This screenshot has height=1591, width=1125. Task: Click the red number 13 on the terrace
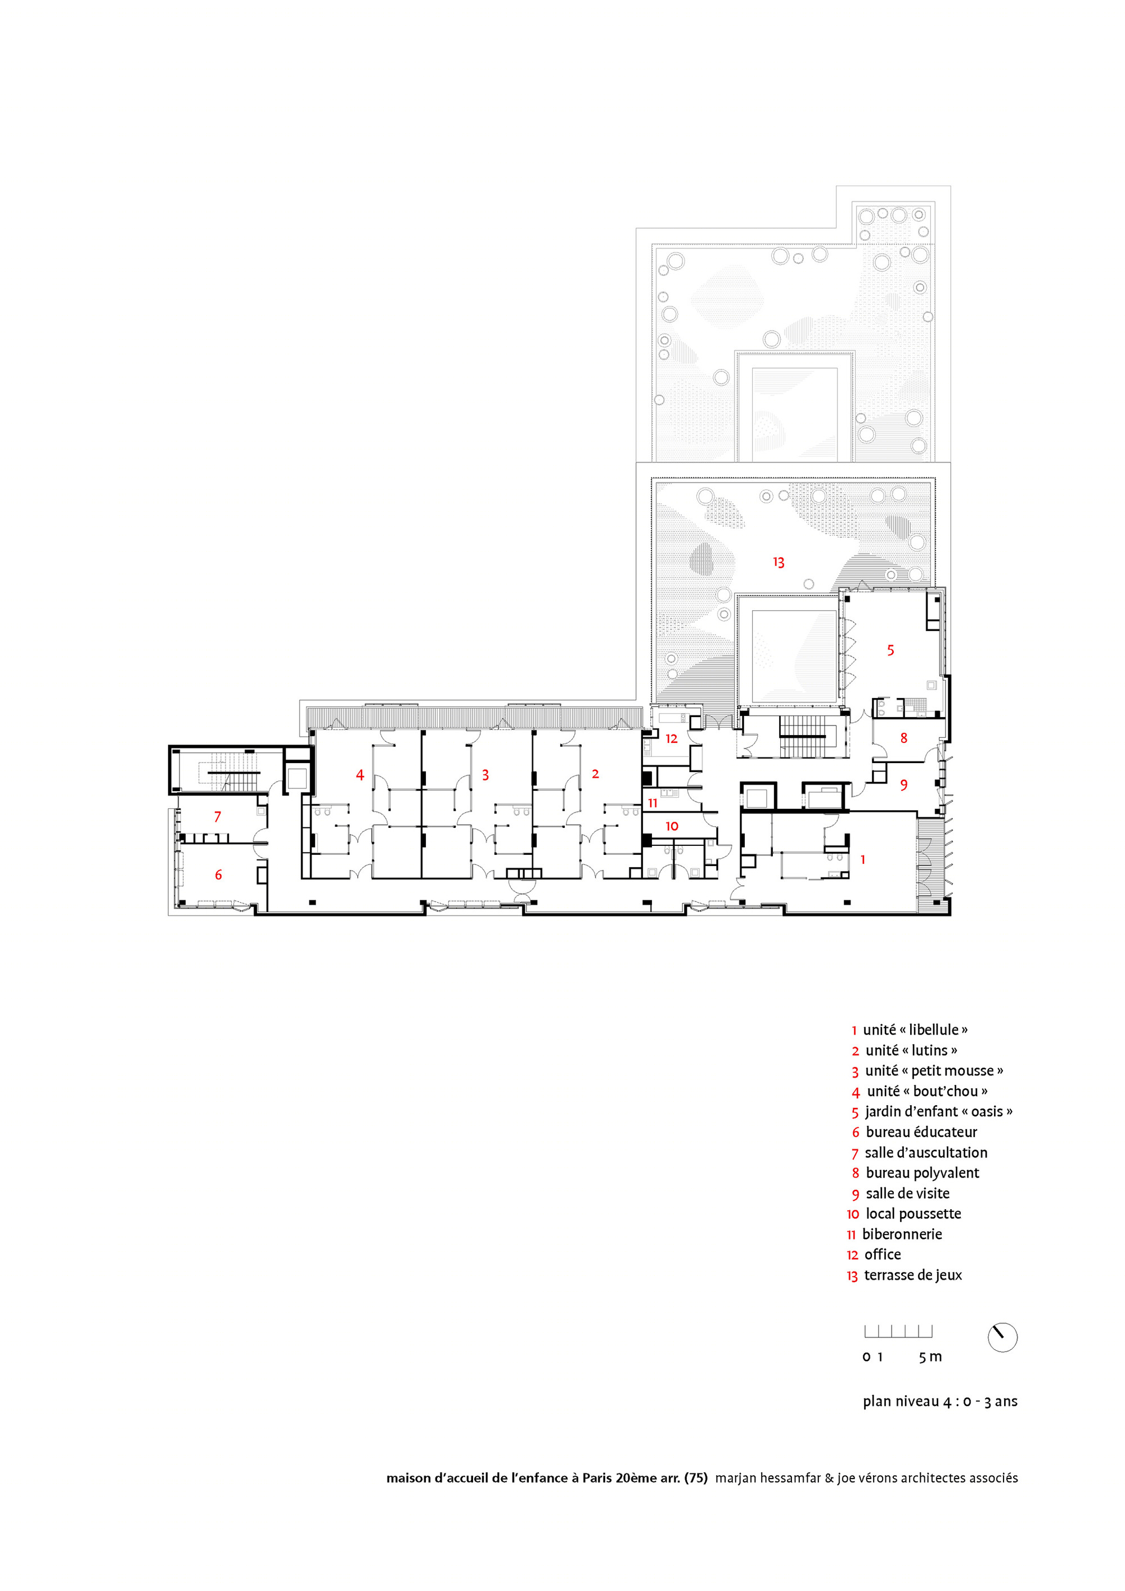pos(778,562)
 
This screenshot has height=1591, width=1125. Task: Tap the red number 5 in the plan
pos(890,650)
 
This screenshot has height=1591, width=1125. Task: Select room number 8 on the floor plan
pos(904,738)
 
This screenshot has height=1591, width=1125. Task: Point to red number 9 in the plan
pos(904,785)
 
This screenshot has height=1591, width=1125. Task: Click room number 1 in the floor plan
pos(863,859)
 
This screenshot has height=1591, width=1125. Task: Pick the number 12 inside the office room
pos(671,738)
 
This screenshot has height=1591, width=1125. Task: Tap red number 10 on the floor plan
pos(672,826)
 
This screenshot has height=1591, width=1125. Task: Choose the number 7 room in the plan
pos(218,817)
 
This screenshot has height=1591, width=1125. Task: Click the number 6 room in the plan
pos(218,875)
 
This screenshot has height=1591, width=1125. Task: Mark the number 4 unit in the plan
pos(360,775)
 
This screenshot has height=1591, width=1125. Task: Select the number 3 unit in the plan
pos(485,775)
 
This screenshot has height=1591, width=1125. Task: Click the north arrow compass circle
pos(1002,1337)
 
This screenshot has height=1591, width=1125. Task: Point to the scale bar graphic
pos(898,1331)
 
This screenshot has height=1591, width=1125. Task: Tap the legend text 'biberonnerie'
pos(902,1233)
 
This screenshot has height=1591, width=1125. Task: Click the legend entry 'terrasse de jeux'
pos(913,1275)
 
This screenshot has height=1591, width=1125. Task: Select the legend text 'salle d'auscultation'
pos(926,1152)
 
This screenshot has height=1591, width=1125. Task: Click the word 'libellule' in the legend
pos(934,1030)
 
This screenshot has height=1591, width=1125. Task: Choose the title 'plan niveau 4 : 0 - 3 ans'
pos(940,1401)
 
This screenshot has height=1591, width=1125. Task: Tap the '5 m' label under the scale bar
pos(930,1357)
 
